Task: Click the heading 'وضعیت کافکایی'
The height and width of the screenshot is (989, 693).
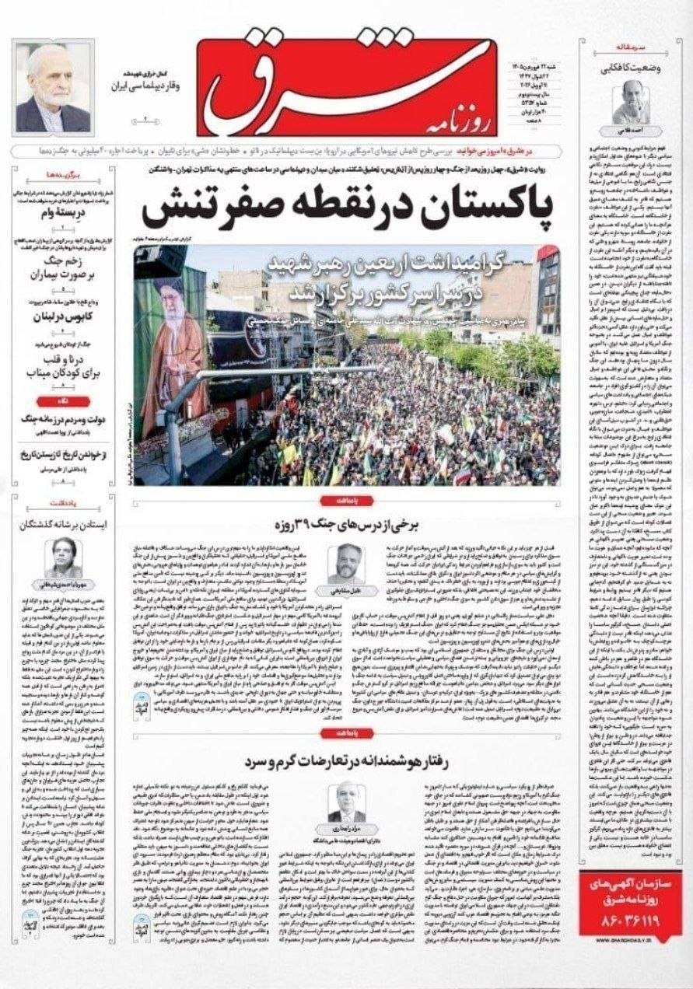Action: point(631,68)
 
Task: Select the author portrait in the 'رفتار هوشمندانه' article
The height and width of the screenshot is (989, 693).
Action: point(346,801)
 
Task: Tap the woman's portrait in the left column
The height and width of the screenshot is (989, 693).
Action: point(63,557)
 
